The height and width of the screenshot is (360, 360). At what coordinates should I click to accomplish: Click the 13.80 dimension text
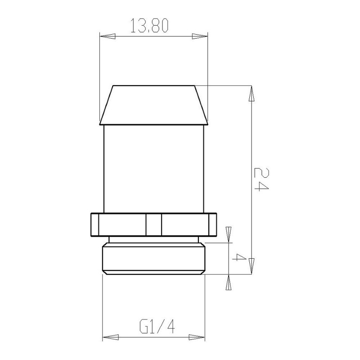click(149, 26)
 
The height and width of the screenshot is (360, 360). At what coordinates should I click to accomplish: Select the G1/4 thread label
click(157, 327)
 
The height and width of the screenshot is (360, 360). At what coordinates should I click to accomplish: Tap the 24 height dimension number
click(261, 179)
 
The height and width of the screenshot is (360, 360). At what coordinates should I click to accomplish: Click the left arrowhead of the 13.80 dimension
click(108, 36)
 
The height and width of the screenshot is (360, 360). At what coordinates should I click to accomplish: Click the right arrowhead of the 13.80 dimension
click(200, 36)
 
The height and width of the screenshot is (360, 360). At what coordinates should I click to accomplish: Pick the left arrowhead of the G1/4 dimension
click(110, 337)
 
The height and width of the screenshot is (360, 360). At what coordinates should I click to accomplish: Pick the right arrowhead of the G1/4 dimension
click(197, 337)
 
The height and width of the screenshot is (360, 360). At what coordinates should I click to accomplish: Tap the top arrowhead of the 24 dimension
click(252, 94)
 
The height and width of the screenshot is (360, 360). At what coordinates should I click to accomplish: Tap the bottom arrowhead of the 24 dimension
click(252, 266)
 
